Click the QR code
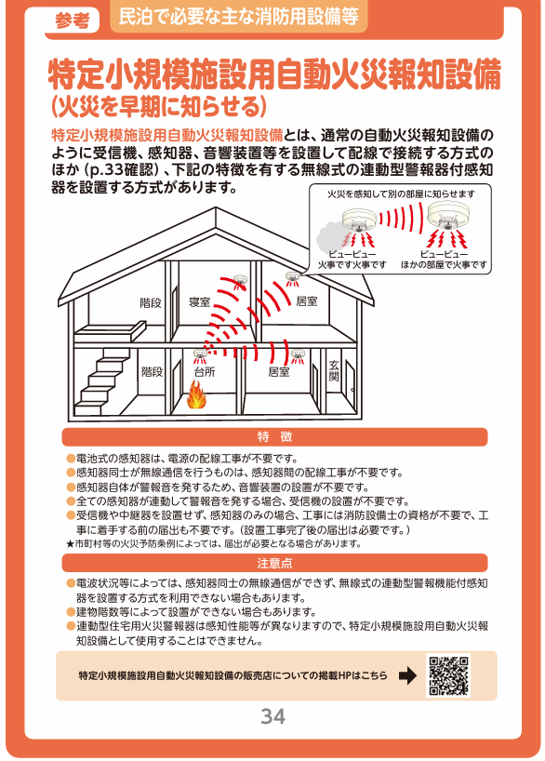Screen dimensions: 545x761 (x=448, y=675)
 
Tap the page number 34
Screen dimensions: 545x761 (x=272, y=716)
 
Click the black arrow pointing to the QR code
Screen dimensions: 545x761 (x=407, y=675)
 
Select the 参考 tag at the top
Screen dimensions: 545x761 (x=73, y=20)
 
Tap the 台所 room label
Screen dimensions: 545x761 (x=205, y=372)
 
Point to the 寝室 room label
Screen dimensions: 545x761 (x=199, y=301)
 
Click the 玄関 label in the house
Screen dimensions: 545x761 (x=334, y=371)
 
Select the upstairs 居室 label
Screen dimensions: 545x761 (x=306, y=301)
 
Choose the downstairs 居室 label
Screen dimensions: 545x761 (x=279, y=372)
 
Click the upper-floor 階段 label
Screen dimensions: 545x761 (x=151, y=303)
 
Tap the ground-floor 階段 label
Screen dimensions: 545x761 (x=152, y=372)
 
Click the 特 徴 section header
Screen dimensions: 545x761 (x=274, y=437)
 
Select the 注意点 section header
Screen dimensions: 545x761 (x=274, y=563)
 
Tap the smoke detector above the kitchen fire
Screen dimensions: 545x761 (x=199, y=355)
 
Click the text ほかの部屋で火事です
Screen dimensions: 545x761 (x=444, y=264)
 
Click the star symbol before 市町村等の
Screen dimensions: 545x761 (x=70, y=544)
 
